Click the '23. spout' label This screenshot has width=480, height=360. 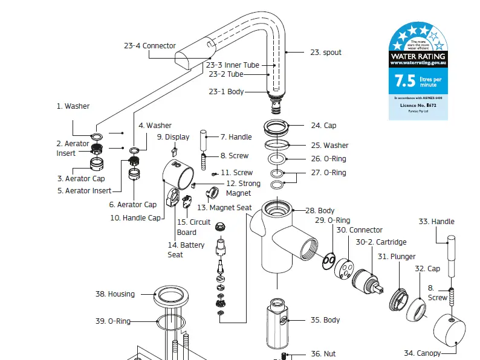click(326, 53)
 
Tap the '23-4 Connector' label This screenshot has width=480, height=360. click(150, 46)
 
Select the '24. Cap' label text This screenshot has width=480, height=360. click(323, 126)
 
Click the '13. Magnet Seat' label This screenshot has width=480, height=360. click(224, 208)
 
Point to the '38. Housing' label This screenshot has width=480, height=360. click(115, 294)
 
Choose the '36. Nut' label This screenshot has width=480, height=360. click(323, 354)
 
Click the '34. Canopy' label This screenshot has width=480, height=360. click(422, 353)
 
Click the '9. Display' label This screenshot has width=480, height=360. click(173, 137)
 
